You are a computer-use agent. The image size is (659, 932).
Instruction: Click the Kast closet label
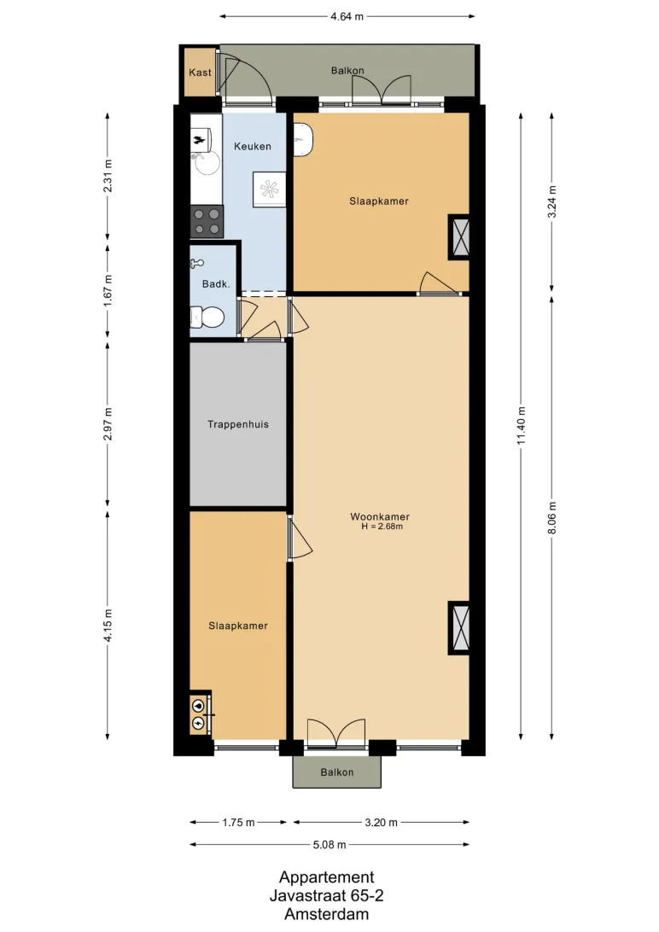click(201, 73)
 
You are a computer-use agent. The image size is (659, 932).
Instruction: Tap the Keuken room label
click(253, 146)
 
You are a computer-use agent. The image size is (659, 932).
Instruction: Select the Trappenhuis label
click(238, 424)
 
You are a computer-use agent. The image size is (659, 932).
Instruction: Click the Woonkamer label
click(380, 516)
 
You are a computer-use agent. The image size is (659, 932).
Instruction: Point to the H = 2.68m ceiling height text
click(382, 527)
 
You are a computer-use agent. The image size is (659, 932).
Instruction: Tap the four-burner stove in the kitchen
click(207, 221)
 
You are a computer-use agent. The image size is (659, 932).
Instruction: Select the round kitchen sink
click(206, 162)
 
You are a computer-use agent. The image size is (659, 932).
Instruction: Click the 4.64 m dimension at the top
click(347, 17)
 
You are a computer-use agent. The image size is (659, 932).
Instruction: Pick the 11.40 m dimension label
click(521, 426)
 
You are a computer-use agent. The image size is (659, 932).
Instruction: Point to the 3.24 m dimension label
click(552, 202)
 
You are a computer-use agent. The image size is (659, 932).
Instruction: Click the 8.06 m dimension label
click(552, 518)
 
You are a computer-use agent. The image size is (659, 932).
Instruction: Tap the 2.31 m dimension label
click(108, 176)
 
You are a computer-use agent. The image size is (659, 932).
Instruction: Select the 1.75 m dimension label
click(238, 823)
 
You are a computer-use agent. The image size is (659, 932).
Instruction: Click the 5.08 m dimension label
click(329, 845)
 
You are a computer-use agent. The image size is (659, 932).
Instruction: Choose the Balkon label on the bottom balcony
click(337, 772)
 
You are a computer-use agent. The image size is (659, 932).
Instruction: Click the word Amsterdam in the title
click(326, 914)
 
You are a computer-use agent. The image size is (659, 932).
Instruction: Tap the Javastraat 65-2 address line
click(326, 895)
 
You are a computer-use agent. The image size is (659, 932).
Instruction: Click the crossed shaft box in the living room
click(458, 628)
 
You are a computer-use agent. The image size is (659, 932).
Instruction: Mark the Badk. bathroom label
click(216, 284)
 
